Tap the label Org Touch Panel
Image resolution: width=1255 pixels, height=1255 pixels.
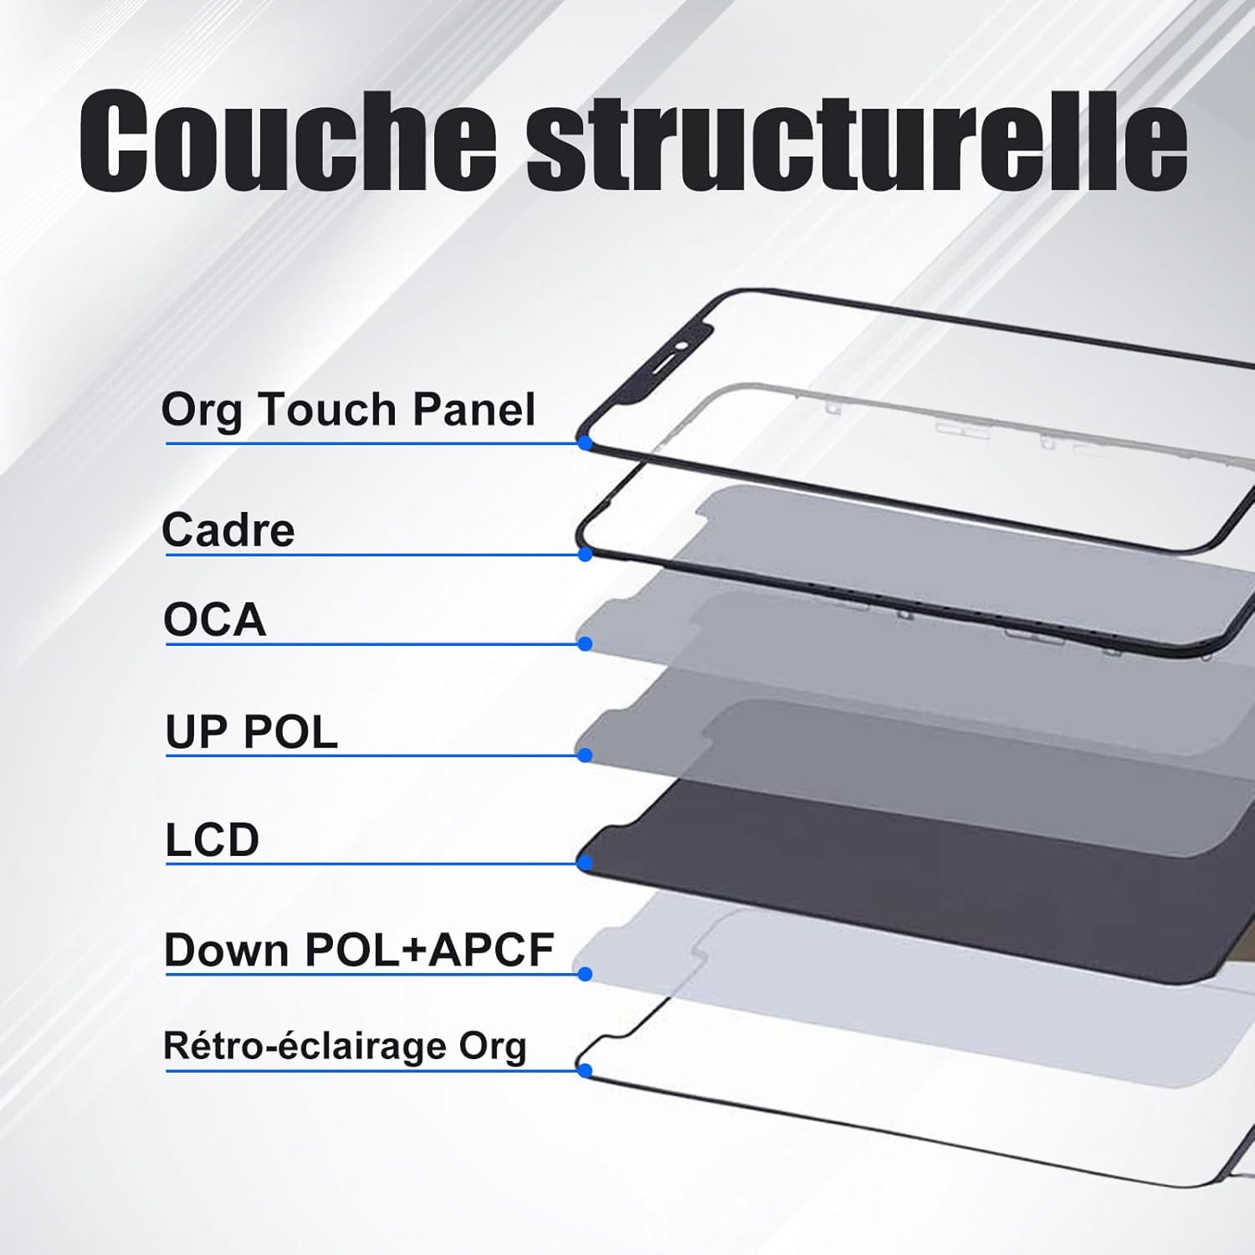point(348,410)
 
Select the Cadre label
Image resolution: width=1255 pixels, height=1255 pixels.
point(228,530)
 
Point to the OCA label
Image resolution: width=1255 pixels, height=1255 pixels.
point(215,620)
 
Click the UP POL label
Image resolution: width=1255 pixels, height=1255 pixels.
point(251,732)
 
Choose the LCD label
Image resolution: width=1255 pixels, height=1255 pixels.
point(213,839)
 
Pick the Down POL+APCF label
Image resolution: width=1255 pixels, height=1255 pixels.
point(359,950)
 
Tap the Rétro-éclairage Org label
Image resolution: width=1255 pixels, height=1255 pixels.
point(345,1046)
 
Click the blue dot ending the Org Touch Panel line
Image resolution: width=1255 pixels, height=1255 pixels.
point(586,443)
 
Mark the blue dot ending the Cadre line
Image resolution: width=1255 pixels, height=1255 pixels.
point(586,554)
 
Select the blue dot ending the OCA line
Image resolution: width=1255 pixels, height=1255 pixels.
point(586,643)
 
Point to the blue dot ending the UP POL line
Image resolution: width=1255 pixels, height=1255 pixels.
point(586,756)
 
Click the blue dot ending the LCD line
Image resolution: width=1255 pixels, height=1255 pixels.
point(586,863)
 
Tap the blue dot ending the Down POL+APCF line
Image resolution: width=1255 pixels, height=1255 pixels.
point(586,974)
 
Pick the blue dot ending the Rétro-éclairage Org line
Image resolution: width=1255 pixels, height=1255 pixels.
point(586,1070)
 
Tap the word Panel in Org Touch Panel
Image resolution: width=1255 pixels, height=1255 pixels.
point(474,410)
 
